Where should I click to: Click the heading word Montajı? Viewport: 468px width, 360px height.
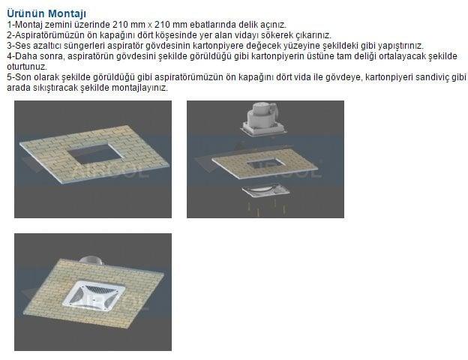point(67,13)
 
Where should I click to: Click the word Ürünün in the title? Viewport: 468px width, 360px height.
point(26,13)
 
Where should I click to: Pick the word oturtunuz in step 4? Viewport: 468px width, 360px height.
point(27,66)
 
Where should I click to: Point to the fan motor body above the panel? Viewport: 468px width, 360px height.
point(262,115)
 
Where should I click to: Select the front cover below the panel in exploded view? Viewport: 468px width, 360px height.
point(265,191)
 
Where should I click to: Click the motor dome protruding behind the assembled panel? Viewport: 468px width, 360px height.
point(91,260)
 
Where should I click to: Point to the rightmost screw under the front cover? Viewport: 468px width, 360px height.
point(283,208)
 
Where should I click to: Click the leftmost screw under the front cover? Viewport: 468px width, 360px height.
point(248,207)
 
